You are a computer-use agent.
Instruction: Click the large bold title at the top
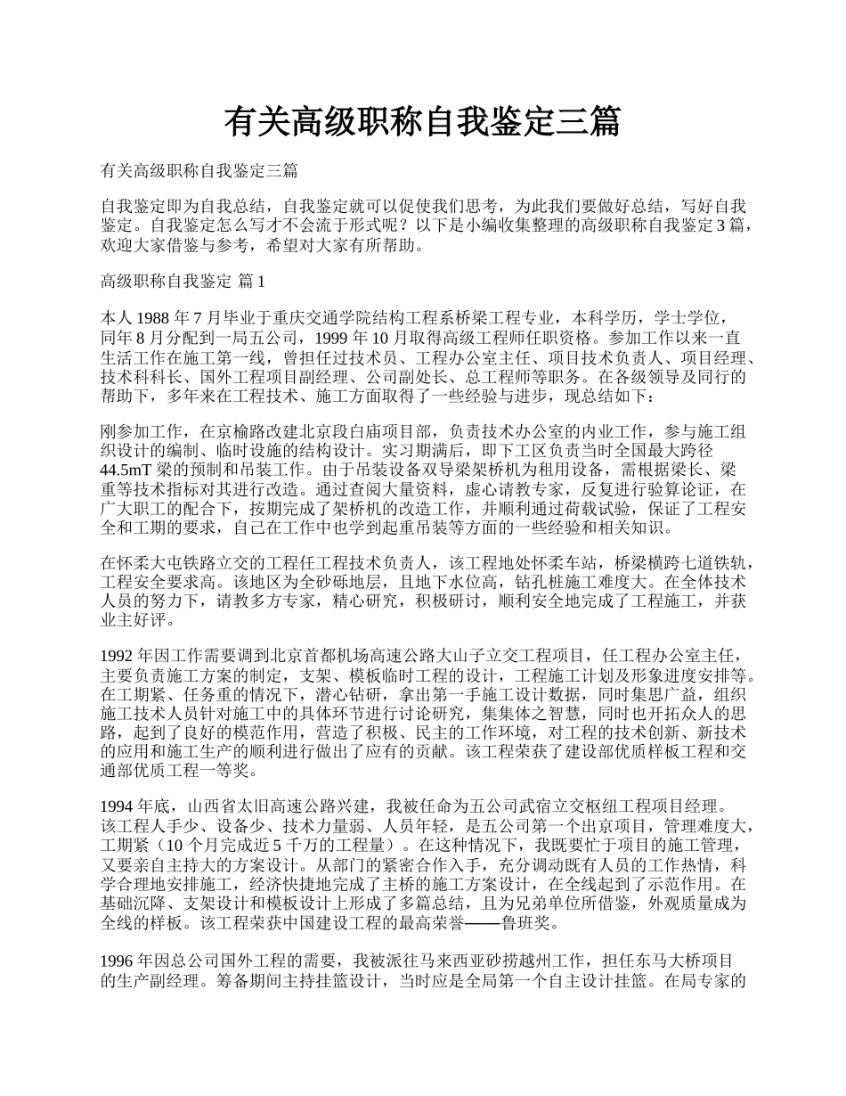(x=422, y=122)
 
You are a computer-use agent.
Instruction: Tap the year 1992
(x=120, y=656)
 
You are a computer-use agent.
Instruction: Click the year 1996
(x=120, y=961)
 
